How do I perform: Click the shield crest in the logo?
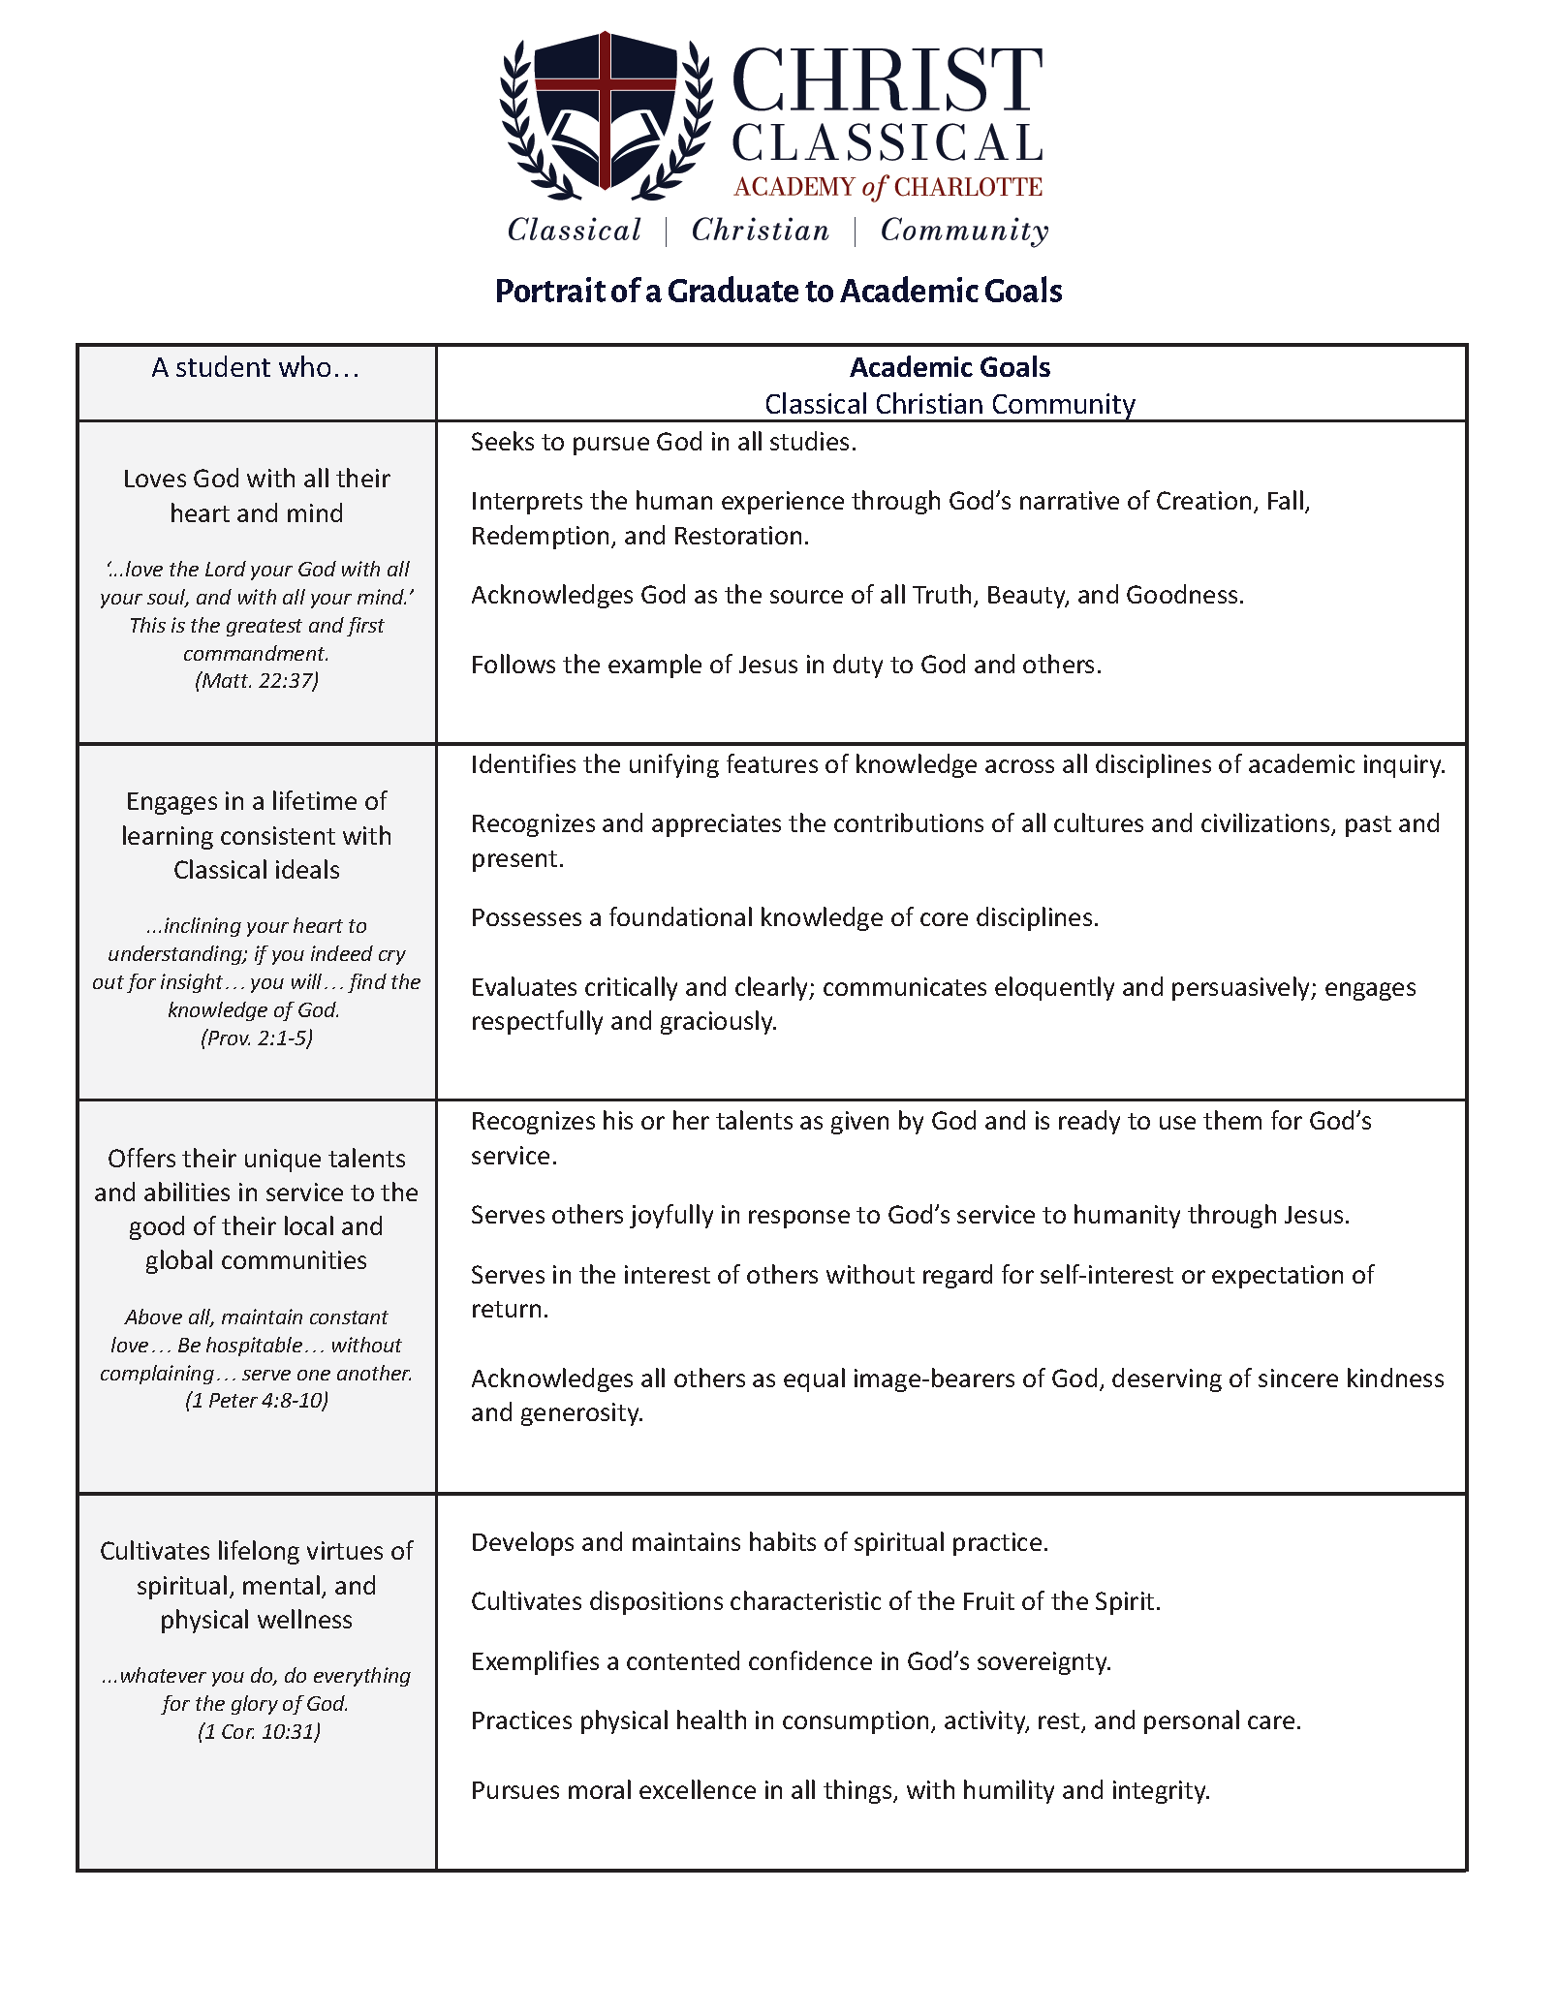point(606,111)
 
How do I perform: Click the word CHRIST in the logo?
point(887,81)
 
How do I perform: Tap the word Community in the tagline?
point(964,231)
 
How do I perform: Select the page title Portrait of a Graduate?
point(778,291)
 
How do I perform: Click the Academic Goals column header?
point(950,367)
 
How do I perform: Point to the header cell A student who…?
point(256,368)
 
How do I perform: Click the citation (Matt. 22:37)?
point(257,680)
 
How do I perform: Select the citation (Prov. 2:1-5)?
point(257,1038)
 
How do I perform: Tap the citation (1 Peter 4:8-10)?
point(257,1400)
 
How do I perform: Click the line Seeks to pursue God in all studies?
point(664,442)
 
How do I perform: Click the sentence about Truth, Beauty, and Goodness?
point(857,595)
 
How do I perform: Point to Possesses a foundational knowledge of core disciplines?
point(785,917)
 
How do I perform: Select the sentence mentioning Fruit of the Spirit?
point(816,1601)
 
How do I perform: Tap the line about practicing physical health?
point(886,1720)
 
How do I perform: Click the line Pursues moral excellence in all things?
point(840,1790)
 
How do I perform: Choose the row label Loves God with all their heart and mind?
point(257,496)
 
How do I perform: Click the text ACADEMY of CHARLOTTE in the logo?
point(887,187)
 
